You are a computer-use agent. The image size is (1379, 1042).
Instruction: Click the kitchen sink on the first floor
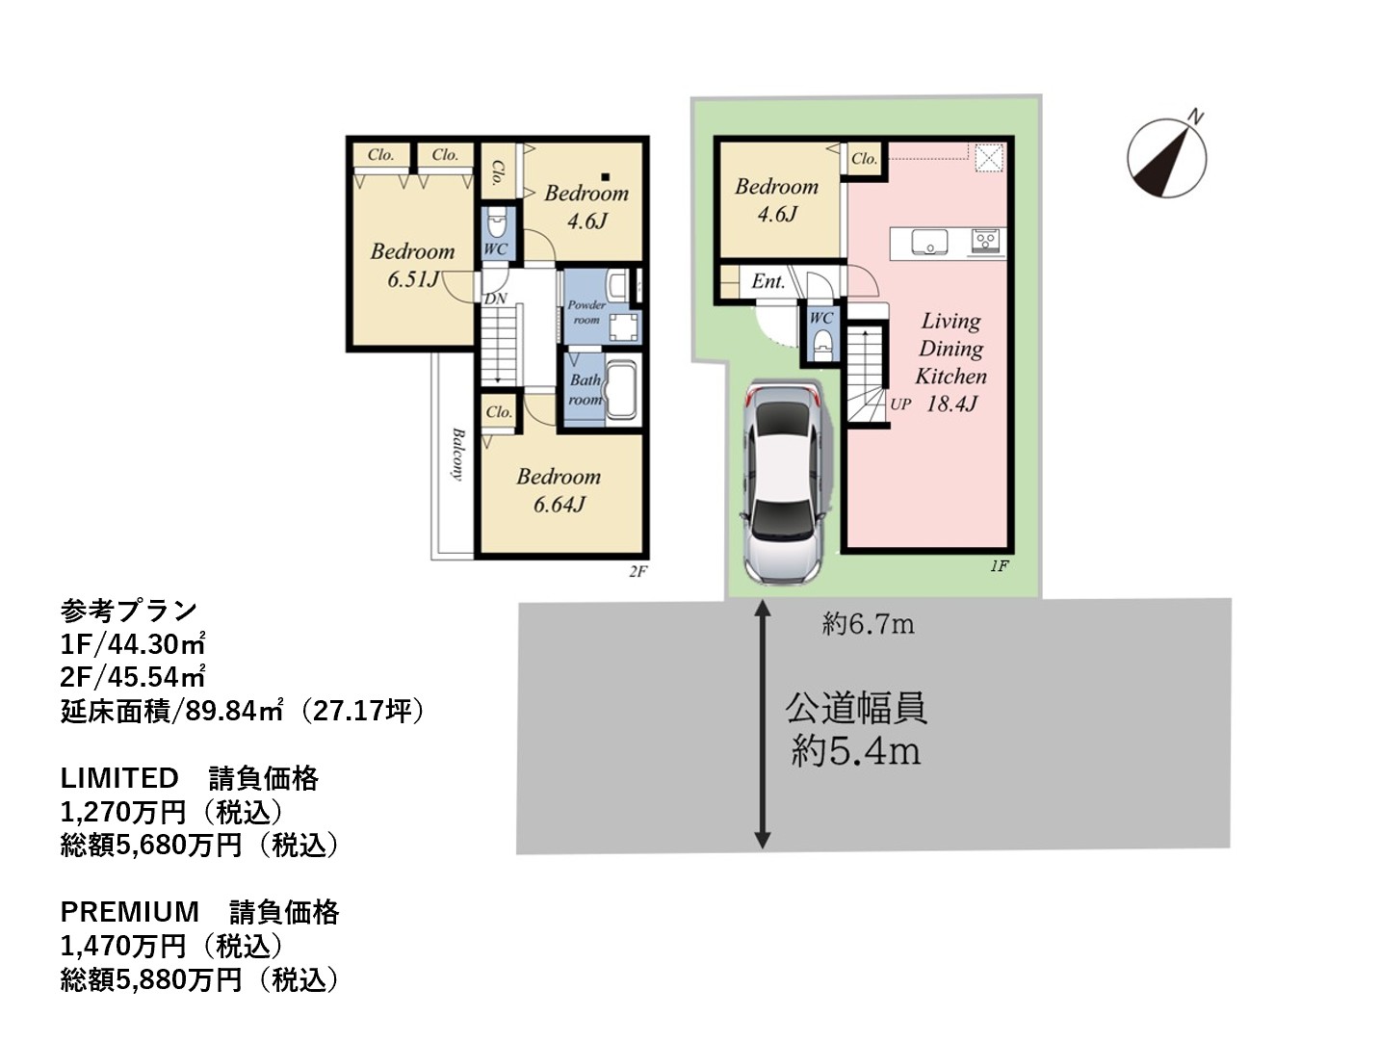pos(930,243)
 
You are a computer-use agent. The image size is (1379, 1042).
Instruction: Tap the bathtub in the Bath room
pos(620,389)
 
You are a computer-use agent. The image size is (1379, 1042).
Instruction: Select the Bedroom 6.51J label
pos(412,265)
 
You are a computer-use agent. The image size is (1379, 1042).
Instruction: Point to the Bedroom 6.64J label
pos(558,490)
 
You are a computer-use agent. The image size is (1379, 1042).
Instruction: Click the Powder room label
pos(585,312)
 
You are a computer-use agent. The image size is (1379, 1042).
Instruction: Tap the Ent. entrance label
pos(768,281)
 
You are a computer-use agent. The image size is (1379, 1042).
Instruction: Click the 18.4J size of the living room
pos(951,404)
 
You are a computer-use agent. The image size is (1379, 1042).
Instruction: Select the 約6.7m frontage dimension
pos(868,625)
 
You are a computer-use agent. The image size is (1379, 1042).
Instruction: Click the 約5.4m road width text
pos(856,751)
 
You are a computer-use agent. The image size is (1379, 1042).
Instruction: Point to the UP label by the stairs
pos(900,404)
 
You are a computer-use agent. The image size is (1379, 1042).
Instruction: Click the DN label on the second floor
pos(495,299)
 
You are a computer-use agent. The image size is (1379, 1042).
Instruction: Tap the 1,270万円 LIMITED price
pos(123,813)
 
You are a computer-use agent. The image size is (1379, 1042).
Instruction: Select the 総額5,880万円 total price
pos(151,979)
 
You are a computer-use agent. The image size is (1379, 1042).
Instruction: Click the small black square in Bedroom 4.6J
pos(605,177)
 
